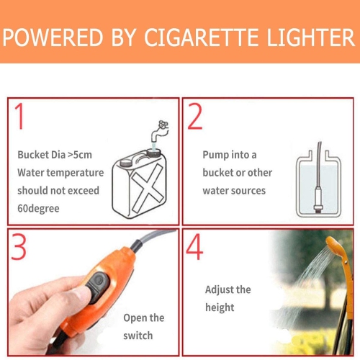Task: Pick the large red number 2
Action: (195, 117)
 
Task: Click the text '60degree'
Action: (37, 208)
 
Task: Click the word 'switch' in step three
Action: (138, 335)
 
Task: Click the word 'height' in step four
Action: (220, 307)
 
